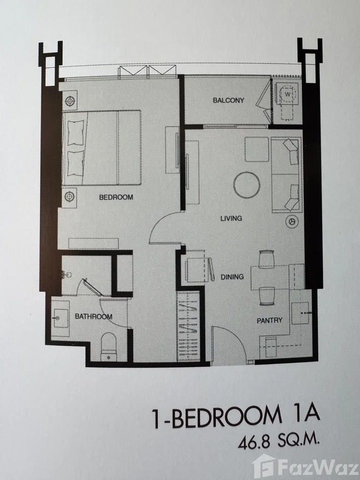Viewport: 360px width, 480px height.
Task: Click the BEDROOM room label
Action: click(x=116, y=197)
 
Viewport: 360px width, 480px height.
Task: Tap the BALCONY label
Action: click(x=228, y=100)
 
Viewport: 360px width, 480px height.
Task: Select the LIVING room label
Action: click(x=231, y=218)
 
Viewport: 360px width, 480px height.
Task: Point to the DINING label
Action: click(x=232, y=277)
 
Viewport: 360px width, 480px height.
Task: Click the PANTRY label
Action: click(x=270, y=320)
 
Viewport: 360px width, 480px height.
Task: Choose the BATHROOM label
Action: click(x=93, y=316)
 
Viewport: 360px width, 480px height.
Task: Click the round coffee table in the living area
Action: click(x=247, y=185)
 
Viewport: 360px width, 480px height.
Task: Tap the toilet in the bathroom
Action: click(x=109, y=345)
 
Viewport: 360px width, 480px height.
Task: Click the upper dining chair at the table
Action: click(x=266, y=260)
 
